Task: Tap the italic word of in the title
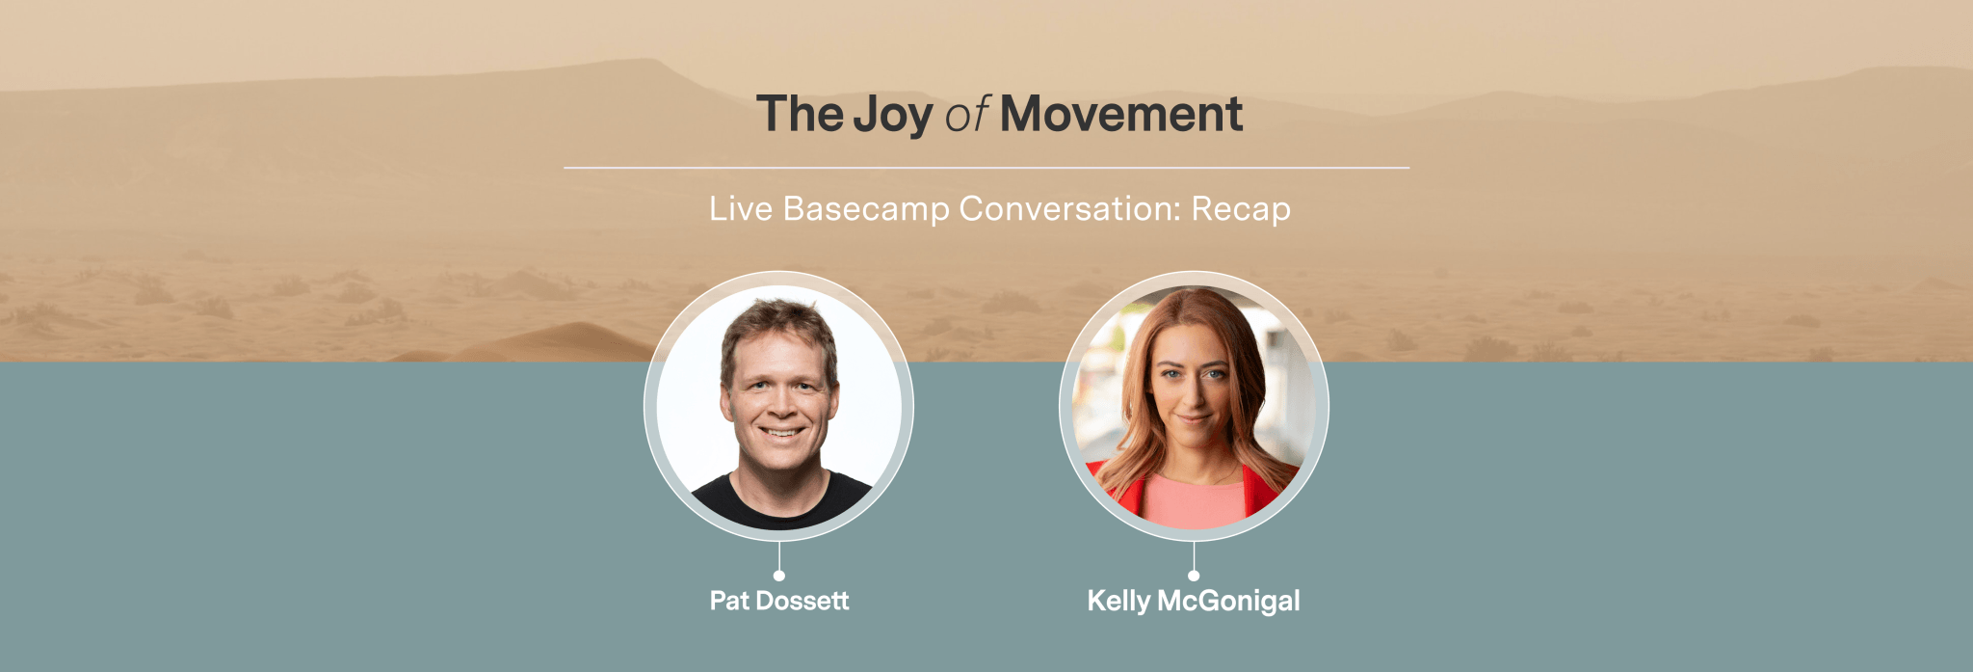tap(966, 116)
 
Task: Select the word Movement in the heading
tap(1121, 115)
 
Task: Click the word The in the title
tap(800, 114)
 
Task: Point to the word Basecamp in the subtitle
tap(865, 209)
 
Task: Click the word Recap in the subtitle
tap(1241, 209)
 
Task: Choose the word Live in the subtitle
tap(740, 208)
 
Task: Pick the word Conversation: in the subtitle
tap(1069, 209)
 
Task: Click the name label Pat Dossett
tap(778, 601)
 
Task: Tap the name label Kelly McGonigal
tap(1193, 601)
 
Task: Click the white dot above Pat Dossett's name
tap(778, 576)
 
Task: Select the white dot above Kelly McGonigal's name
tap(1194, 576)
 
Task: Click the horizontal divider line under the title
tap(986, 168)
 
